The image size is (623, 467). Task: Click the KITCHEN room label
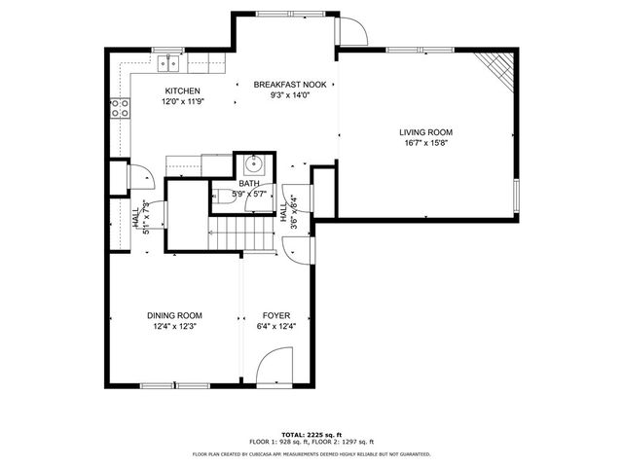pyautogui.click(x=182, y=91)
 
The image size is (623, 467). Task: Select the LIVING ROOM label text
pyautogui.click(x=425, y=132)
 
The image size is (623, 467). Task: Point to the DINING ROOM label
pyautogui.click(x=174, y=315)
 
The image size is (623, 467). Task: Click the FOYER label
pyautogui.click(x=276, y=315)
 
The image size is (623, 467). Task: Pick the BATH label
pyautogui.click(x=249, y=183)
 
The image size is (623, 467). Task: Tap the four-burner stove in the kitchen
pyautogui.click(x=121, y=109)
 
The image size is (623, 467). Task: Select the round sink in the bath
pyautogui.click(x=253, y=162)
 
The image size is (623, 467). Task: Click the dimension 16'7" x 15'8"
pyautogui.click(x=425, y=144)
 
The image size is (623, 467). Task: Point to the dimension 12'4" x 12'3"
pyautogui.click(x=174, y=327)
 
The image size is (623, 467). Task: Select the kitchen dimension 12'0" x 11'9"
pyautogui.click(x=182, y=103)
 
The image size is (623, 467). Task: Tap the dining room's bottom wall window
pyautogui.click(x=175, y=385)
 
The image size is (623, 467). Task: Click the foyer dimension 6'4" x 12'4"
pyautogui.click(x=276, y=327)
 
